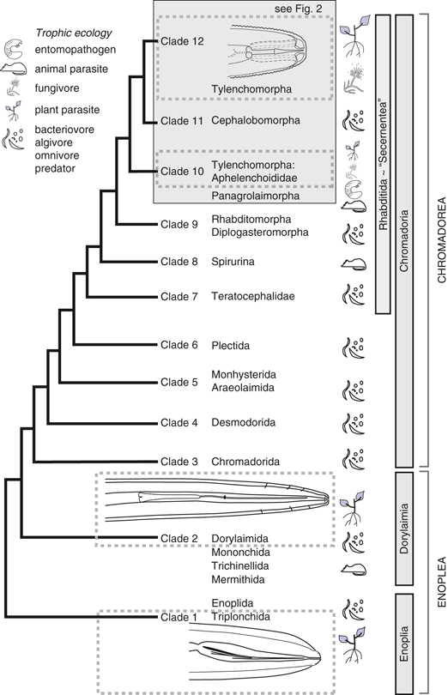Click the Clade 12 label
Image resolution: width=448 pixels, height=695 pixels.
pyautogui.click(x=179, y=42)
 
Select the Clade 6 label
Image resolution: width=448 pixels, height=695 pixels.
pyautogui.click(x=179, y=345)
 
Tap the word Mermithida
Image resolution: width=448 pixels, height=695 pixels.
pyautogui.click(x=238, y=579)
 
